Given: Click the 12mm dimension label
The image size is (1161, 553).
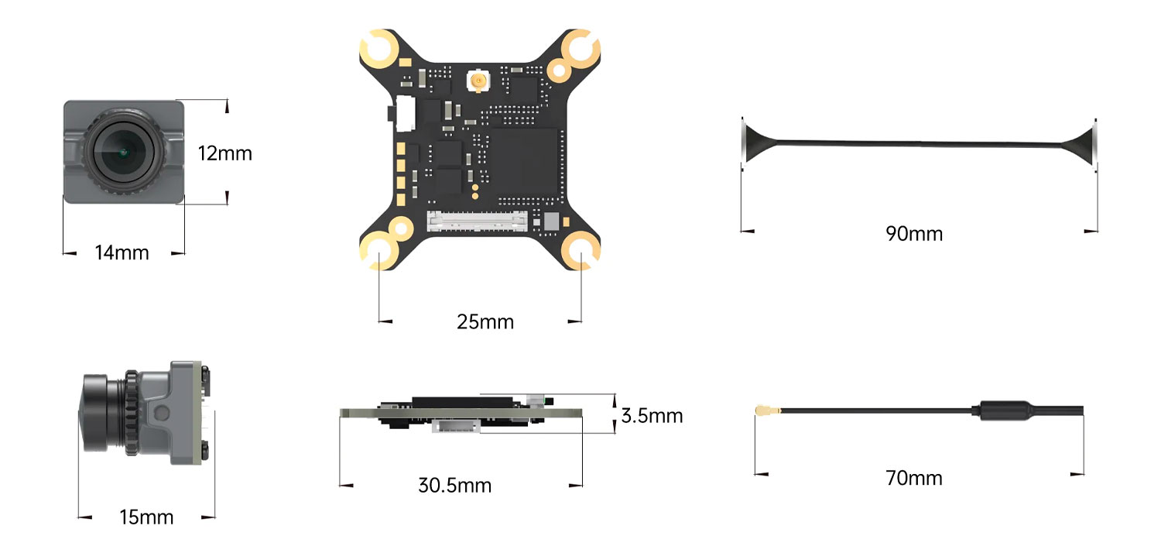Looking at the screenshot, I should coord(224,153).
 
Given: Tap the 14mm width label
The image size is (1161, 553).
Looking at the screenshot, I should coord(122,252).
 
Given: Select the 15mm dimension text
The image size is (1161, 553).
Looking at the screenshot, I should coord(146,517).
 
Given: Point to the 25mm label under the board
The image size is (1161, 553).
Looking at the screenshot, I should coord(485,321).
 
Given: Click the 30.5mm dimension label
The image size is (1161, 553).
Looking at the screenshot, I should coord(454,486).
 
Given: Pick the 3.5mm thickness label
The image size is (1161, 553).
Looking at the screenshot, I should coord(652,416).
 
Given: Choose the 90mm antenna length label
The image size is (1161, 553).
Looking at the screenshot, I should coord(914,233).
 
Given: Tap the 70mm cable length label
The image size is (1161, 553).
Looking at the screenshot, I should coord(914,478).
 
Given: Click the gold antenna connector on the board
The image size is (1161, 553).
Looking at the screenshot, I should coord(477,80).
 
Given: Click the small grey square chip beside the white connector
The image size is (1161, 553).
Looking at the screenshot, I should coord(551,221).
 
